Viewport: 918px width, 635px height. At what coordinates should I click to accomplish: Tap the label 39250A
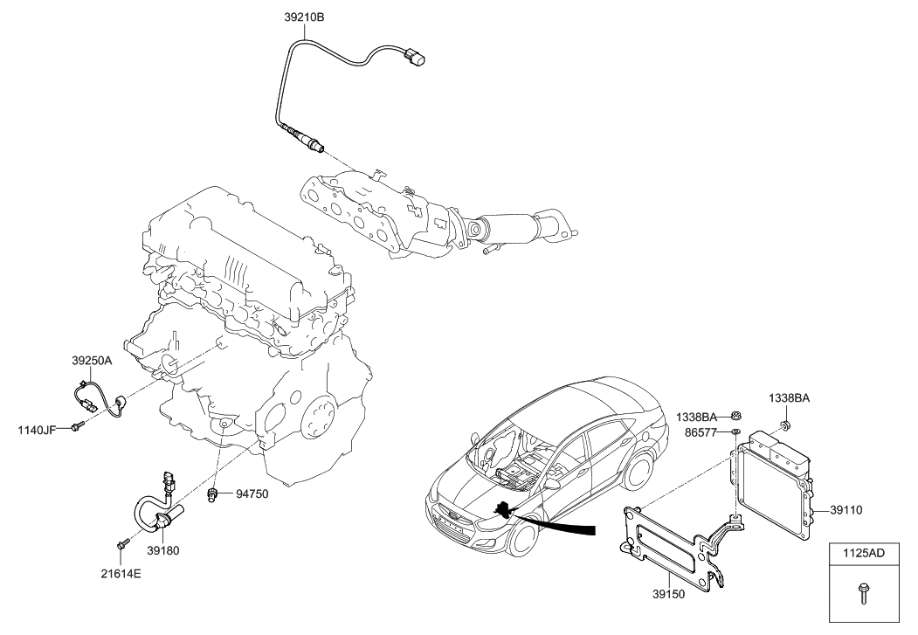(x=93, y=359)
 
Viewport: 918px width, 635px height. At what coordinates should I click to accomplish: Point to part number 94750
(x=252, y=494)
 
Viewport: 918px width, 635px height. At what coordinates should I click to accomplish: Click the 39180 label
(x=163, y=551)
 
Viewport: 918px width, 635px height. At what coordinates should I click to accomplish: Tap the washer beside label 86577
(x=735, y=431)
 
